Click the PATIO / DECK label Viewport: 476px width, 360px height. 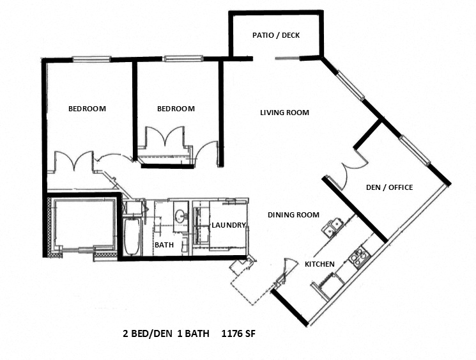click(276, 35)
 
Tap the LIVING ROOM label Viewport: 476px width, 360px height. click(284, 113)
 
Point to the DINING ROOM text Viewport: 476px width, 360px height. click(293, 215)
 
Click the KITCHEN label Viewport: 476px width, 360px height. click(319, 264)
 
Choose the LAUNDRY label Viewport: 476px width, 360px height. click(229, 225)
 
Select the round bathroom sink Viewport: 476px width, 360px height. click(179, 216)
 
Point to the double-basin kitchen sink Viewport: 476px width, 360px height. click(333, 227)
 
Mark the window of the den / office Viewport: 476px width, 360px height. click(413, 150)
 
